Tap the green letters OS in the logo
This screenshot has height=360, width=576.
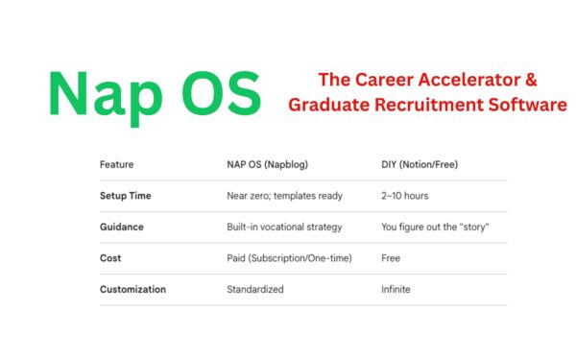[x=217, y=93]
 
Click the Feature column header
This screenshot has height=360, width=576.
[x=116, y=164]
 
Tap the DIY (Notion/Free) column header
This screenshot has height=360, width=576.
[x=419, y=164]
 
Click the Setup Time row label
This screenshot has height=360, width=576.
[x=125, y=196]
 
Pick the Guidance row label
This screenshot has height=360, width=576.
[x=122, y=228]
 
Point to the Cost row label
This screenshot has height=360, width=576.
[x=109, y=258]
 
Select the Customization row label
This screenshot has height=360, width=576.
[x=132, y=289]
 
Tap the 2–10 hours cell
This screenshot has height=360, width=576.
[x=404, y=196]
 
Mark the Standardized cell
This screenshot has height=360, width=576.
[x=254, y=289]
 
